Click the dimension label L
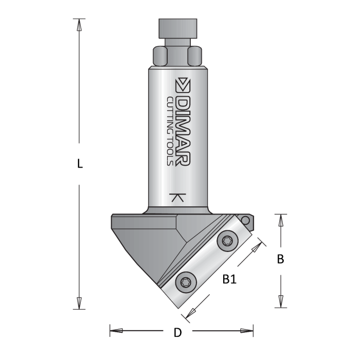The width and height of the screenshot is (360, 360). (79, 164)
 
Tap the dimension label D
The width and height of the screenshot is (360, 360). (177, 332)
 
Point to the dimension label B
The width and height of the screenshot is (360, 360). (280, 259)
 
